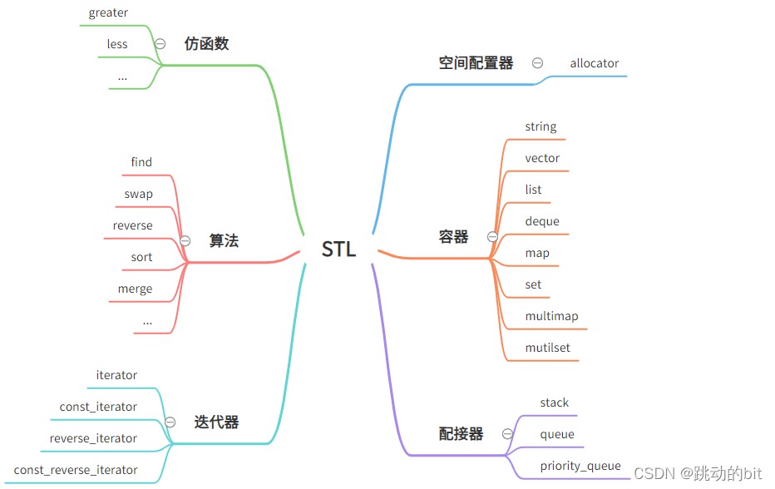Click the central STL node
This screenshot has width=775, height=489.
(x=338, y=249)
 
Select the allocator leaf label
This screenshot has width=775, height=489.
(x=594, y=63)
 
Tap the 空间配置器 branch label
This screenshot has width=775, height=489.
(x=476, y=63)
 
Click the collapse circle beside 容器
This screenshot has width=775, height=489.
(x=492, y=237)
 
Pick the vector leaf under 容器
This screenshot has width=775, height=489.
(x=542, y=158)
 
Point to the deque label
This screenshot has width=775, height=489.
(x=542, y=221)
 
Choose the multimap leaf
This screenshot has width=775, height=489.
(x=551, y=316)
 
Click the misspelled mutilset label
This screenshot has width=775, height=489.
(x=547, y=348)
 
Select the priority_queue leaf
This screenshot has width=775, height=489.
(x=580, y=466)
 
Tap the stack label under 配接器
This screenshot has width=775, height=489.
(x=554, y=403)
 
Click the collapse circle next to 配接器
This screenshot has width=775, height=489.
(x=507, y=433)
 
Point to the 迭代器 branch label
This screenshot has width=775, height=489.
(x=216, y=422)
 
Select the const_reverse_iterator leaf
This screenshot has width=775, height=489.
(x=76, y=470)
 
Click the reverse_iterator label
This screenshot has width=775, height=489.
(x=93, y=438)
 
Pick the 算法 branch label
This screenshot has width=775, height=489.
(x=224, y=240)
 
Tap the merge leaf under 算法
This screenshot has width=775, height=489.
(x=135, y=289)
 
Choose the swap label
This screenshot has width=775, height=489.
(x=138, y=194)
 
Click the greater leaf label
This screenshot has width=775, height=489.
(x=108, y=12)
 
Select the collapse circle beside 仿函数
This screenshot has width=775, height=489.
(x=160, y=43)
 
